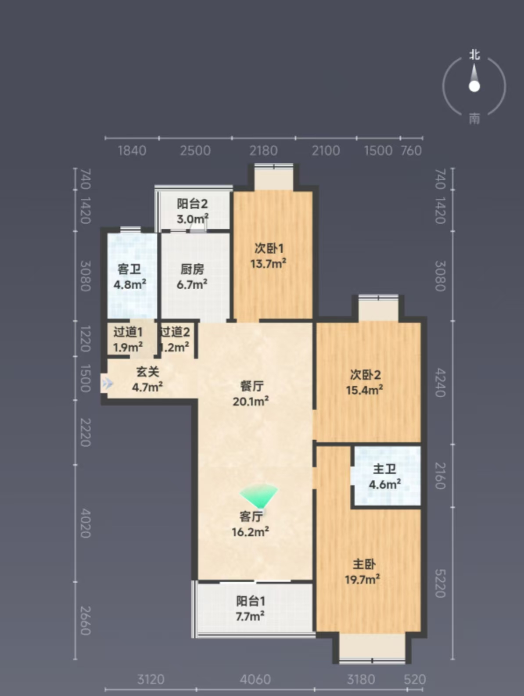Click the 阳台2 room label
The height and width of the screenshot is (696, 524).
pos(192,204)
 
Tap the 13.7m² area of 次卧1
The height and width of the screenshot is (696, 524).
pos(269,263)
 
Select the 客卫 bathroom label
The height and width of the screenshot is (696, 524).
pos(129,269)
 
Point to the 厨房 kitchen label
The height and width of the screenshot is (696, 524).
pos(192,269)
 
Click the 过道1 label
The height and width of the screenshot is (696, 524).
pos(128,332)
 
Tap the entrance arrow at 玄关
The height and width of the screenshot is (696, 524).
pos(108,384)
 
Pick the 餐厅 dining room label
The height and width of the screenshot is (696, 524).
pos(252,386)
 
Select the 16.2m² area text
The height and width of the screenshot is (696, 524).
pos(251,532)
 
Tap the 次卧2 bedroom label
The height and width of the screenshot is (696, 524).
pos(365,375)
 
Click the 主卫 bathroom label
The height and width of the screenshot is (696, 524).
pos(384,469)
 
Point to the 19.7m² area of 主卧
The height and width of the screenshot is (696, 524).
pos(362,580)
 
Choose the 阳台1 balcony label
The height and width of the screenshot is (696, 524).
pos(251,601)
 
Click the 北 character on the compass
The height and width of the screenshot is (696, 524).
pos(474,55)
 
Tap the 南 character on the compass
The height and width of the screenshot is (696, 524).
pos(474,118)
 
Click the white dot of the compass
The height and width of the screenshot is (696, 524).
pos(474,86)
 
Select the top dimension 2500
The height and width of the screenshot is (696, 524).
pos(195,151)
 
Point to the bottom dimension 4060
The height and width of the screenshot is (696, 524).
pos(255,679)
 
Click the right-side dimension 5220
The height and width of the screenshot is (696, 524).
pos(440,583)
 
